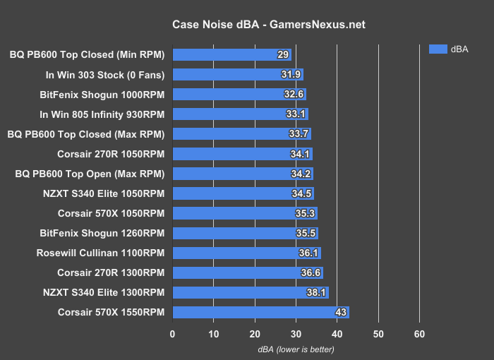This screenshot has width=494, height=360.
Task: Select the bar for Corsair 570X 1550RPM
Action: [260, 312]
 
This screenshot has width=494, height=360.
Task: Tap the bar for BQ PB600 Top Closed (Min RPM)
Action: [231, 54]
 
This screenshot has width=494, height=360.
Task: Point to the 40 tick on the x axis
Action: [337, 333]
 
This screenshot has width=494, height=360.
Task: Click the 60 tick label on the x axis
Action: [420, 333]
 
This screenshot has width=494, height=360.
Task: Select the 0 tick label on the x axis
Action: [173, 333]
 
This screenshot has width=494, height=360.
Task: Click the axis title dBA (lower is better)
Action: [296, 349]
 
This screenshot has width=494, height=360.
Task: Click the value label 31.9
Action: [291, 74]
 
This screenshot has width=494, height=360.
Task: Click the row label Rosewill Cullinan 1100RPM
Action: [100, 253]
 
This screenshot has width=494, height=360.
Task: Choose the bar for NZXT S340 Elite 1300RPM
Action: [250, 292]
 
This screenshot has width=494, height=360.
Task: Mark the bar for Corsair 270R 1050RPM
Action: [242, 153]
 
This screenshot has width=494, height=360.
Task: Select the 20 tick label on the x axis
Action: [255, 333]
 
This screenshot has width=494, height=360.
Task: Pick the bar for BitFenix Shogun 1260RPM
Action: [245, 233]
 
